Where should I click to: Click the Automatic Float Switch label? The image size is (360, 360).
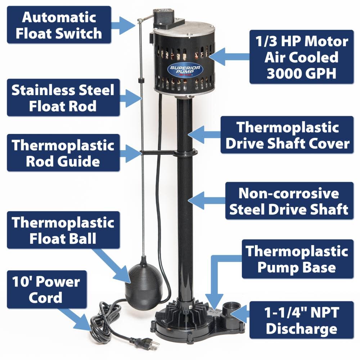pos(59,25)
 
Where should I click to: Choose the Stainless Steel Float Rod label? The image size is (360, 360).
pos(63,98)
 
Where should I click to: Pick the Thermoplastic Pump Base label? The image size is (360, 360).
pos(297,259)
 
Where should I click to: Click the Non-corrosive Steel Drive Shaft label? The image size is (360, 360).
pos(289,201)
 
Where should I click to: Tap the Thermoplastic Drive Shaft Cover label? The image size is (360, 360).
pos(287,135)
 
